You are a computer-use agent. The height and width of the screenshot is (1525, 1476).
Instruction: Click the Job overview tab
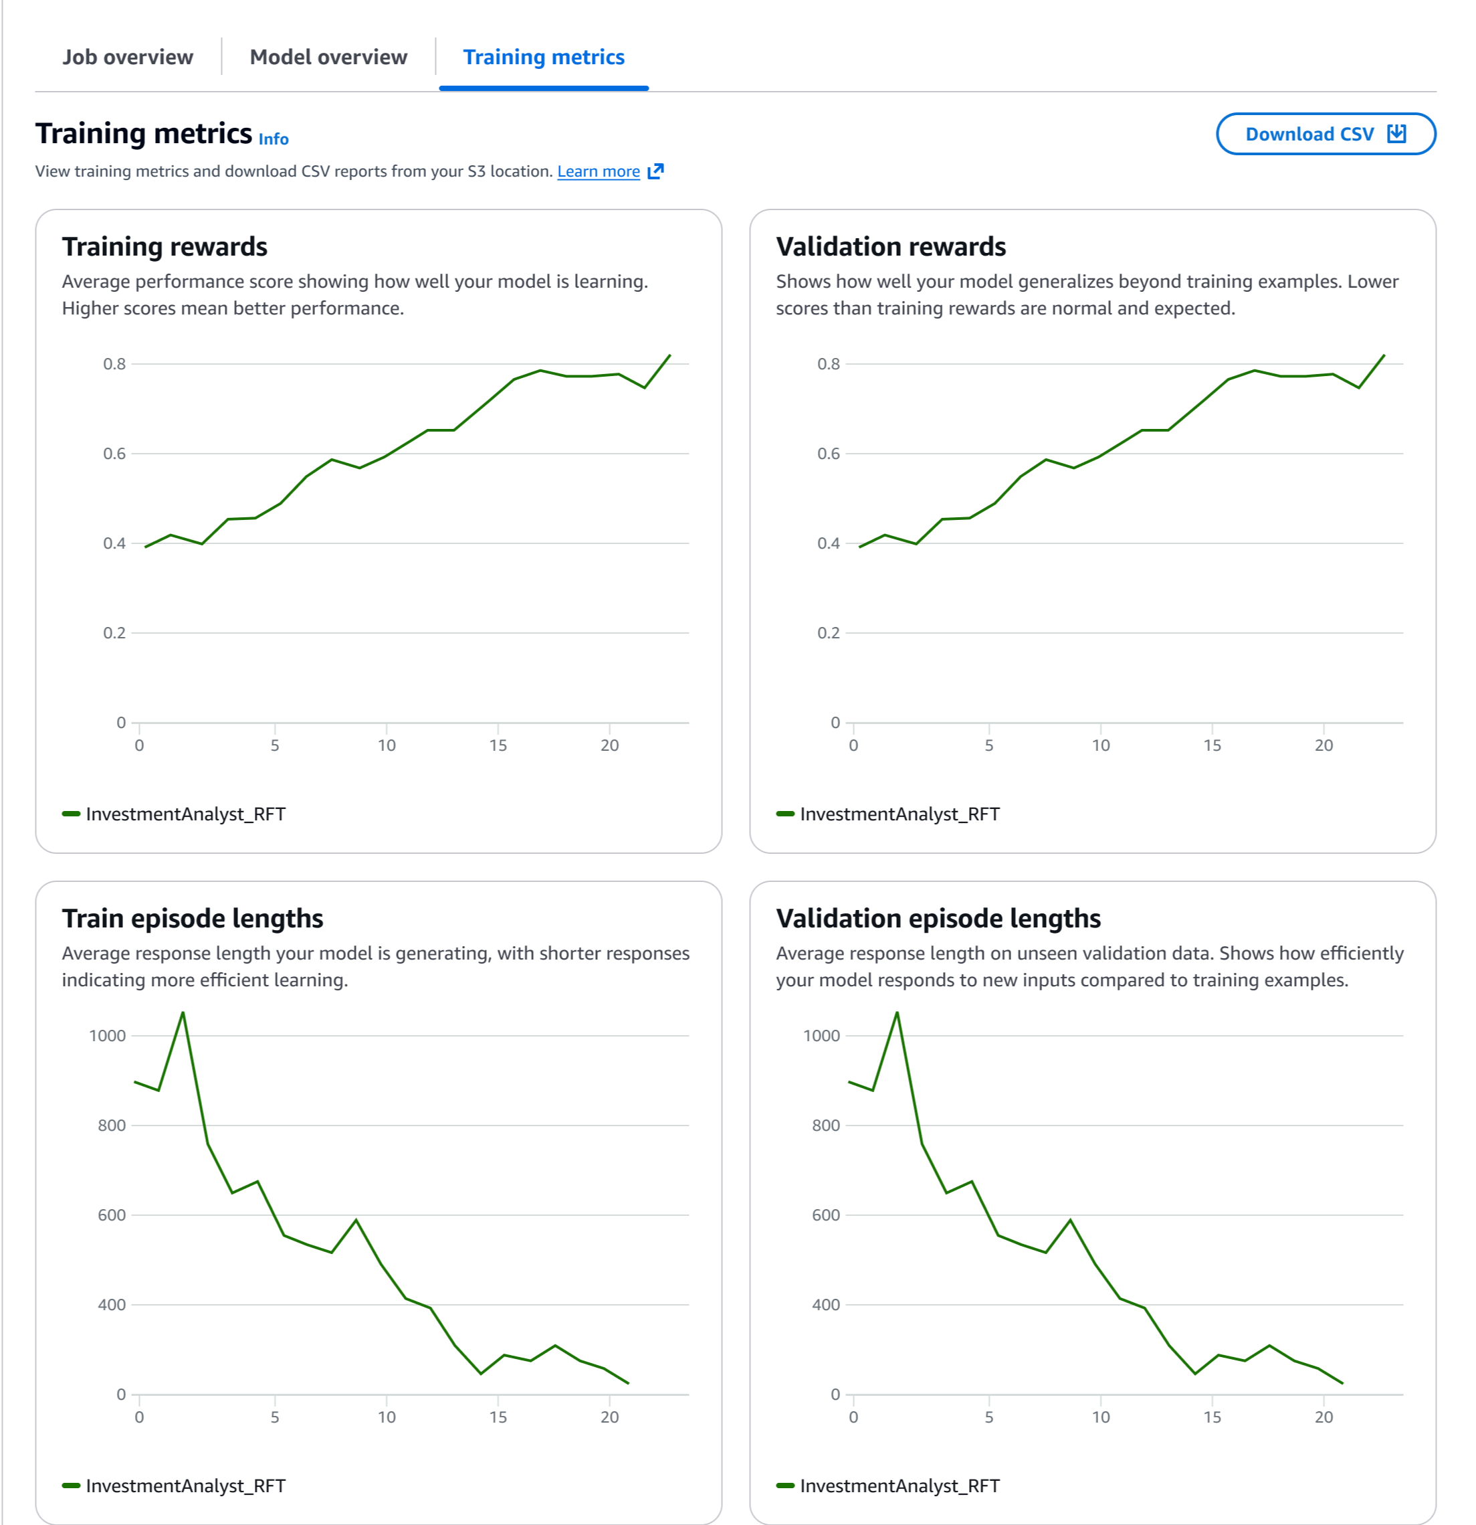(128, 58)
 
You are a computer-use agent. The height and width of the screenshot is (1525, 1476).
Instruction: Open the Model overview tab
(328, 58)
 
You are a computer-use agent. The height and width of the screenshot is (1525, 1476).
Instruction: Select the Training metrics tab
(544, 58)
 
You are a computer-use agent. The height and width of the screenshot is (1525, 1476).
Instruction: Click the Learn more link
(598, 172)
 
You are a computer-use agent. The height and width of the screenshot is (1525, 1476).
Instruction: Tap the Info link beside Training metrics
(273, 139)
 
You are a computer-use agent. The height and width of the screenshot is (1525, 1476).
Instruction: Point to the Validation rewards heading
(890, 247)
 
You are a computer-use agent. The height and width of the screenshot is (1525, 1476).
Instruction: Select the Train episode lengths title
(192, 918)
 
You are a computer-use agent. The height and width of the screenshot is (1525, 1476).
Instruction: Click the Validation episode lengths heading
(938, 918)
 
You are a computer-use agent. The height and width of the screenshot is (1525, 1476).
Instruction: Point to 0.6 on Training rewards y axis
(114, 454)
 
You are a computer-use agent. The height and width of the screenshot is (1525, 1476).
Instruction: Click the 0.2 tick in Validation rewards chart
(828, 633)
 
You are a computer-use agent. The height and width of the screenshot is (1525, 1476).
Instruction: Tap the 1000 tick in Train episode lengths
(107, 1036)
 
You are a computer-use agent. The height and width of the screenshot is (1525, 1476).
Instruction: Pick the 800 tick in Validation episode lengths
(825, 1125)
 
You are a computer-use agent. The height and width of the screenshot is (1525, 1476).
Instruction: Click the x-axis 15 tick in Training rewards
(498, 745)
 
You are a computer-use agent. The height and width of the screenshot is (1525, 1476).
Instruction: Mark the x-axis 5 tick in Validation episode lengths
(988, 1417)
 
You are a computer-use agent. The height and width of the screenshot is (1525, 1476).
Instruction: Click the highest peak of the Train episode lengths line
(183, 1012)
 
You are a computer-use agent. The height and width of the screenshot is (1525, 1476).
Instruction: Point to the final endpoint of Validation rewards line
(1384, 355)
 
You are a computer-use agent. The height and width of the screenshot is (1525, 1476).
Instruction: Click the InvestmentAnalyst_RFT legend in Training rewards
(185, 814)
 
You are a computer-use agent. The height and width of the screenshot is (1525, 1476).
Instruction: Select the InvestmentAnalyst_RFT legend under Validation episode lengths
(899, 1486)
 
